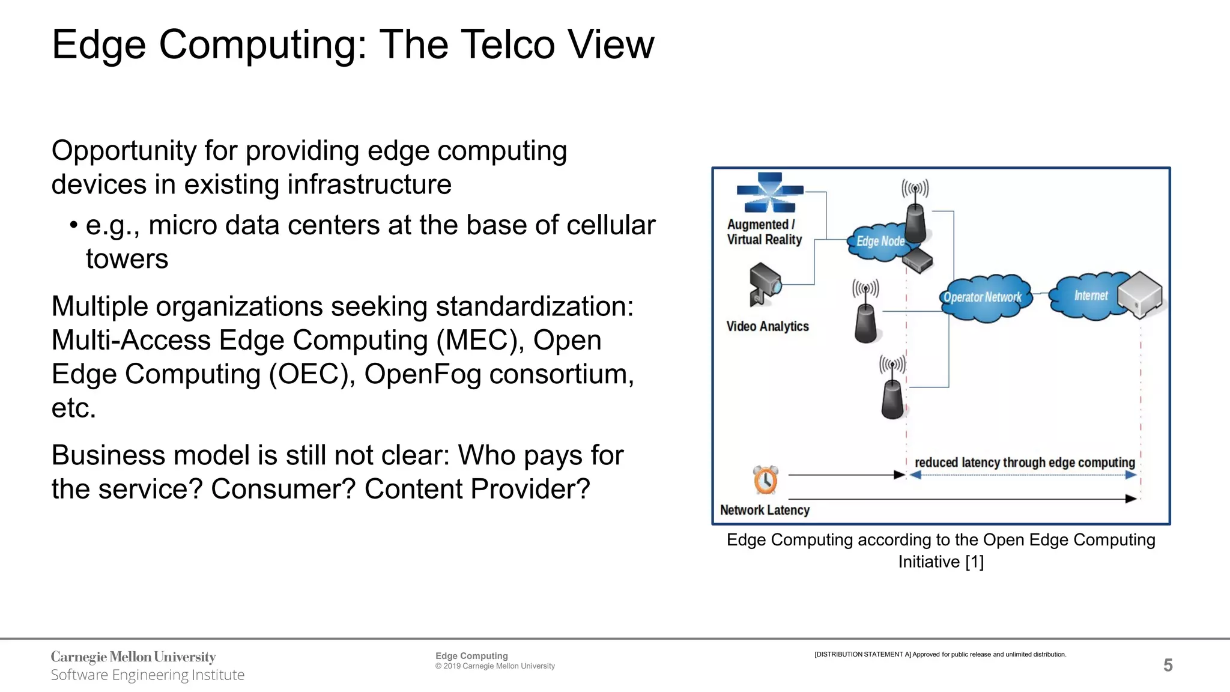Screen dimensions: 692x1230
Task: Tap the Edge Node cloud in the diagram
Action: (879, 241)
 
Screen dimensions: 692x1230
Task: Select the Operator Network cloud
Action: (983, 297)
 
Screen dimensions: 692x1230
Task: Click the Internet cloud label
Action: (1090, 296)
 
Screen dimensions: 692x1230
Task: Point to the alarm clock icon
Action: (766, 480)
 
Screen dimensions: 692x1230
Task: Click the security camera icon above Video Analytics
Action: (764, 283)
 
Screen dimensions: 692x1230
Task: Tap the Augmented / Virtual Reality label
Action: (764, 232)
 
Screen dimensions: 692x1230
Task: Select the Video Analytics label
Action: (767, 326)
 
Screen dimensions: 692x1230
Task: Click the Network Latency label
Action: (765, 510)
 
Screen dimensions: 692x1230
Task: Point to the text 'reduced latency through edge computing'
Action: (1025, 463)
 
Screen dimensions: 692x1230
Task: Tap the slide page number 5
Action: (1168, 665)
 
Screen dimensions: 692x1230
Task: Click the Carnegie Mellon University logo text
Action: (133, 657)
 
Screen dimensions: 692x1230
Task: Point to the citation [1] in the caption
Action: (974, 562)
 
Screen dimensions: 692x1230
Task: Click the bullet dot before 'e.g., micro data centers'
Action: (73, 226)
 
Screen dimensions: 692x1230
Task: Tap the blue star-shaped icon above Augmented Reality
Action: (769, 192)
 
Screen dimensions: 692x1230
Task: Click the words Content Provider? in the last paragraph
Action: (477, 489)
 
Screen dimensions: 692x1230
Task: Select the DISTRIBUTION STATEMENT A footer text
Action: (940, 654)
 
